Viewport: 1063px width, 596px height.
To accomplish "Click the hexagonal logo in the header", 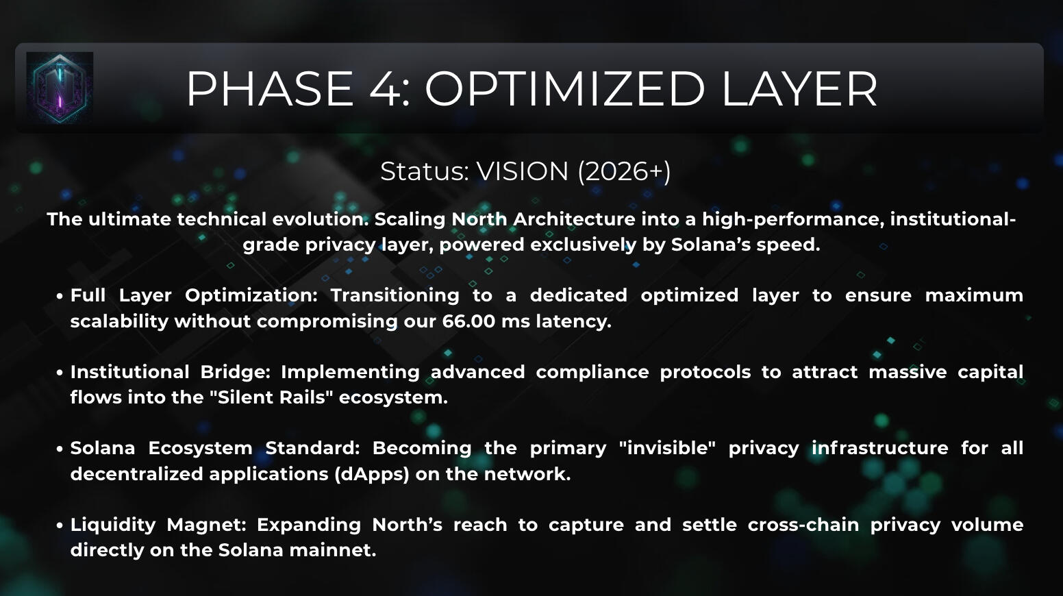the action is [x=60, y=88].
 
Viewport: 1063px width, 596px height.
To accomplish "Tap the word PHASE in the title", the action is [x=270, y=89].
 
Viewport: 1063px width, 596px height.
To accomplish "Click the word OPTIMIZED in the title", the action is [x=564, y=89].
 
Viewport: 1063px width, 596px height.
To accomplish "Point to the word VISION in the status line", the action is [x=522, y=171].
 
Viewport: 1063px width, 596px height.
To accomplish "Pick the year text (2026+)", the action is [x=624, y=171].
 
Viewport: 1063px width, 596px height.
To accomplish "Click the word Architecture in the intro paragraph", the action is [x=574, y=219].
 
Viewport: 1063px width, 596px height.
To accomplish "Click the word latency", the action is [x=574, y=321].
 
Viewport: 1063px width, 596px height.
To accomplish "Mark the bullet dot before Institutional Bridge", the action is [x=60, y=373].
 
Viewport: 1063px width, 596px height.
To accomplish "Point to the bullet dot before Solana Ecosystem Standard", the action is [x=60, y=449].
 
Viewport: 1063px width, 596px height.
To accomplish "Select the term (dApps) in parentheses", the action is [x=372, y=474].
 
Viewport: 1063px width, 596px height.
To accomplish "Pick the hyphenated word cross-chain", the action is [x=803, y=525].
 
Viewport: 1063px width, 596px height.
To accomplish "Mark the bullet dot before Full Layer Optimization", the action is [x=60, y=297].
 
